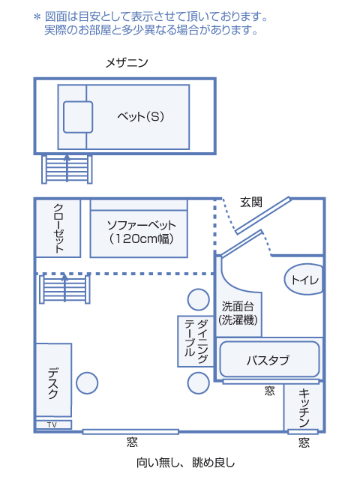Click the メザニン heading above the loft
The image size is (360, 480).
[x=127, y=63]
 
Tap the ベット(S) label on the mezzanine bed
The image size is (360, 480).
[x=140, y=116]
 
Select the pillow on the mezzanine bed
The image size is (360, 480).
[x=78, y=117]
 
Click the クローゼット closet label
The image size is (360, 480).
[x=58, y=228]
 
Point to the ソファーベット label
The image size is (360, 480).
[x=142, y=225]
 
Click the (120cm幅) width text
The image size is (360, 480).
[x=141, y=238]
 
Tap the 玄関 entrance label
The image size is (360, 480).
[x=251, y=202]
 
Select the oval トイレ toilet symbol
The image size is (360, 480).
[x=303, y=280]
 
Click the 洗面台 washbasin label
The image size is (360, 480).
[x=238, y=306]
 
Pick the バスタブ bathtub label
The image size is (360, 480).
[x=268, y=360]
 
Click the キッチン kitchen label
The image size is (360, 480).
[x=304, y=408]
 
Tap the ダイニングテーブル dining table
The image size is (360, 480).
[x=196, y=341]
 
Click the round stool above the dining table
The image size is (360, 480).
[x=198, y=300]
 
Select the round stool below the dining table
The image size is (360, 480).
[x=198, y=383]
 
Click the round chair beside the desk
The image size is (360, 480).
[x=87, y=383]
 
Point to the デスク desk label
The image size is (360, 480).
[x=53, y=383]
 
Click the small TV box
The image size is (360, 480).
[x=53, y=424]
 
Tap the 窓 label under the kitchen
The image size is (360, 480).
[x=304, y=442]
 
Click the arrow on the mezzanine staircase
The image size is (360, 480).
[x=67, y=168]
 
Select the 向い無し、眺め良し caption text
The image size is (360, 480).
[x=185, y=463]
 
